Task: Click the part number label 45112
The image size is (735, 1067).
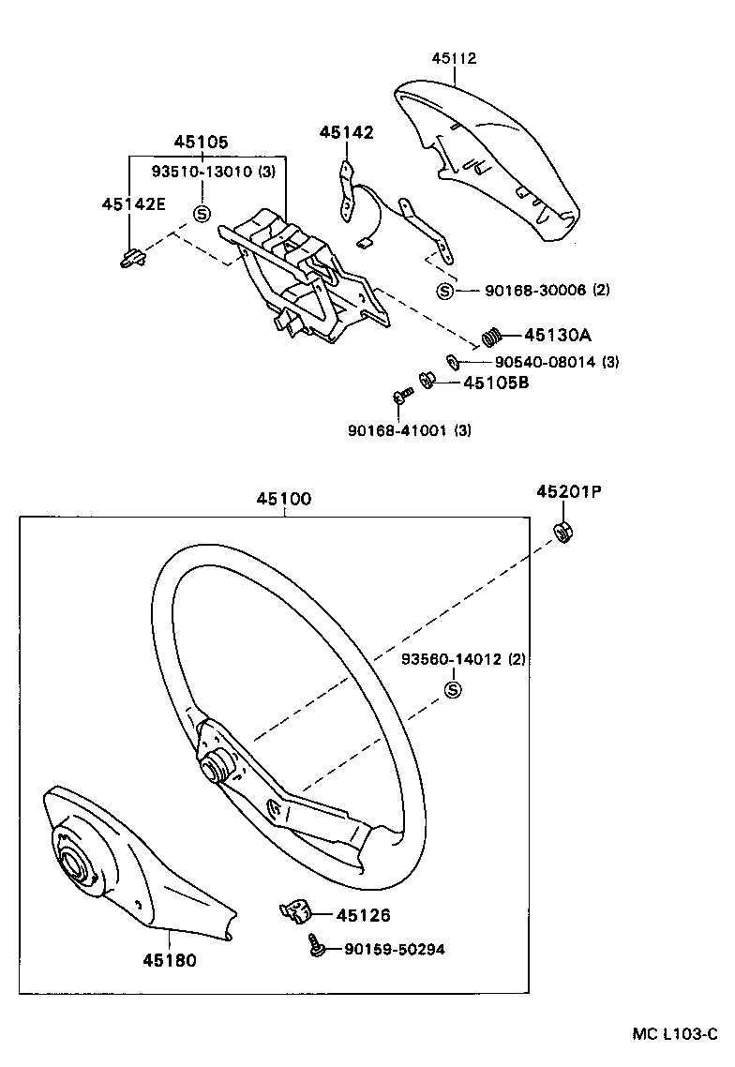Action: pos(454,58)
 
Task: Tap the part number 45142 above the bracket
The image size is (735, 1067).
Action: pos(346,133)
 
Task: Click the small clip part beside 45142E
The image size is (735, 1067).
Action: pos(132,255)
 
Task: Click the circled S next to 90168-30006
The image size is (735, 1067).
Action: pos(444,291)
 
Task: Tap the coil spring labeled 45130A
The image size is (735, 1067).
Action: pos(493,335)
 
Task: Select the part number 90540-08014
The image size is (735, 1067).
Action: pos(545,362)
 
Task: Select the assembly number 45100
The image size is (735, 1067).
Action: pos(284,500)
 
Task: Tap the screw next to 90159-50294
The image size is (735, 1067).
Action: pos(317,949)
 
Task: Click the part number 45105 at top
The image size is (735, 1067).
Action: pos(201,142)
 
